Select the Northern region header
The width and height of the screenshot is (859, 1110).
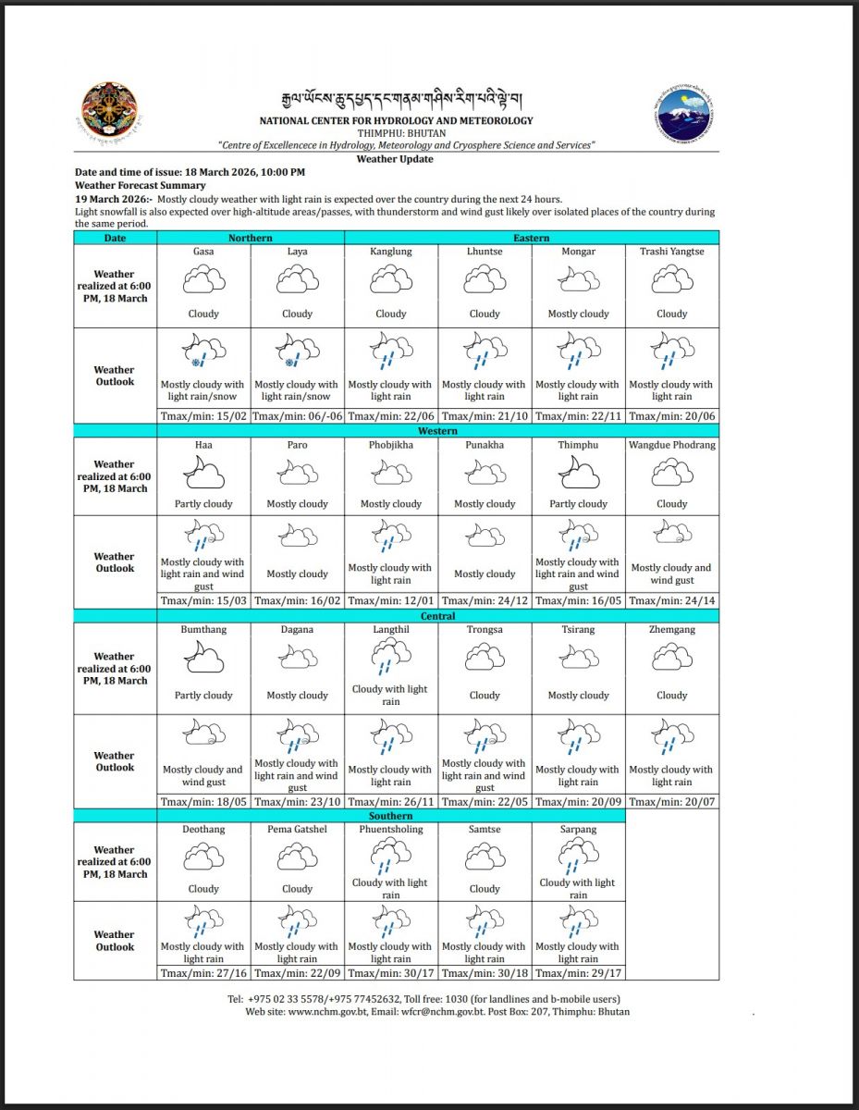251,238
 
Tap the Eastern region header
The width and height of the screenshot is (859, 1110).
531,238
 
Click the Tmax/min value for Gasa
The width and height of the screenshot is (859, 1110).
203,416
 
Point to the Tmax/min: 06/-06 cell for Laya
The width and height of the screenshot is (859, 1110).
297,416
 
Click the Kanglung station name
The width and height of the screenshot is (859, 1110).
390,252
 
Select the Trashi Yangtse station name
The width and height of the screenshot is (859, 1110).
671,252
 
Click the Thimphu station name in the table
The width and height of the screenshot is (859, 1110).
578,445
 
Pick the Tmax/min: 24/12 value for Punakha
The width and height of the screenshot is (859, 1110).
485,600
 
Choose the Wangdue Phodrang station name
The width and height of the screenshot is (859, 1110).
671,445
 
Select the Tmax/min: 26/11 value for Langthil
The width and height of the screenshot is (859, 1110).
390,801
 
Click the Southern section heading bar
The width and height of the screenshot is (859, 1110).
390,816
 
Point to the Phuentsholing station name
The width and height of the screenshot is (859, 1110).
390,830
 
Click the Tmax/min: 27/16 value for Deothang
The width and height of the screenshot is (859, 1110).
203,972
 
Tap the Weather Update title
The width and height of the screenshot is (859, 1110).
395,159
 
